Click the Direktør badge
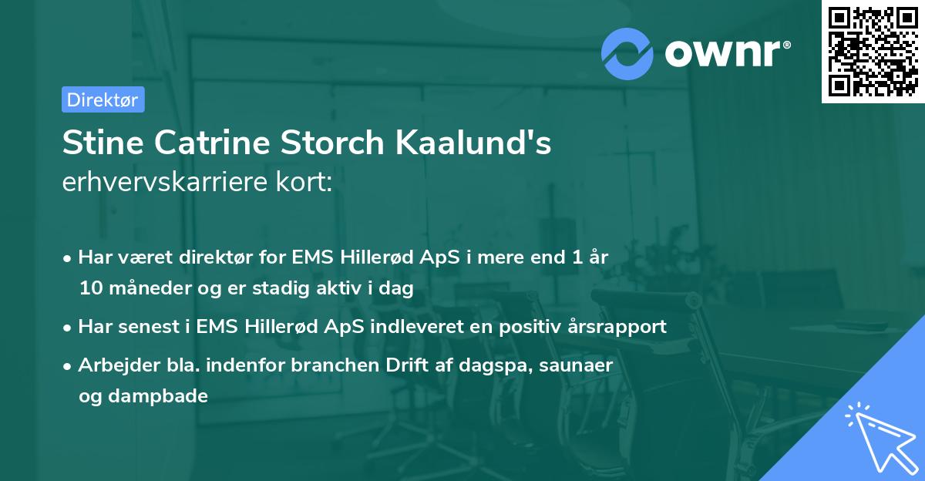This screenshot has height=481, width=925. pyautogui.click(x=103, y=99)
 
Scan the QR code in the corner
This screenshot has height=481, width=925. pyautogui.click(x=873, y=51)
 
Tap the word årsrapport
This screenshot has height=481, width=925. pyautogui.click(x=619, y=327)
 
